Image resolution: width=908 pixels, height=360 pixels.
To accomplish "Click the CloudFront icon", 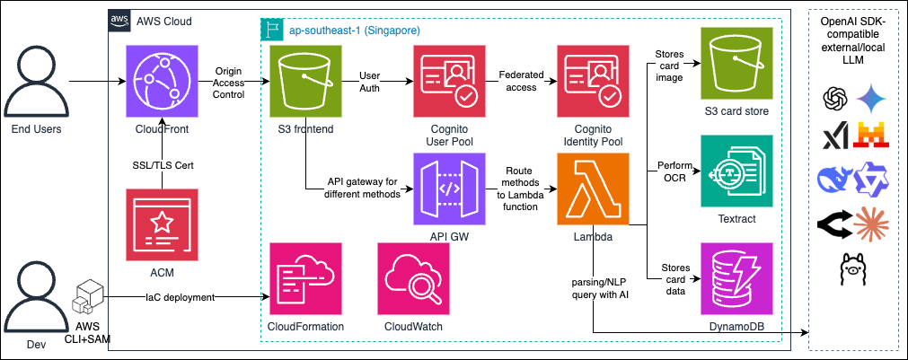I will (x=162, y=84).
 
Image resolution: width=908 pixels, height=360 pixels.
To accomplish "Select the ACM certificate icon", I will (x=162, y=224).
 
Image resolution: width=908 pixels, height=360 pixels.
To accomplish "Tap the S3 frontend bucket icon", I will (x=305, y=84).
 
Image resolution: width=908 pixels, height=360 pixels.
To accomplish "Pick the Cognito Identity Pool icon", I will (x=592, y=84).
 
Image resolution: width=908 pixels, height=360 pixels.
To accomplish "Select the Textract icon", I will (x=736, y=171).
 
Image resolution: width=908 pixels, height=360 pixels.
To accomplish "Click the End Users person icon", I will (x=36, y=81).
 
